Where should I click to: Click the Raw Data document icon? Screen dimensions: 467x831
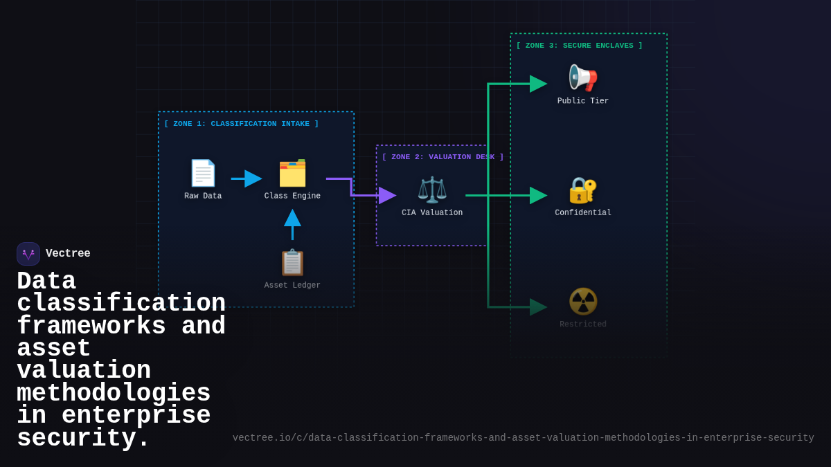point(203,173)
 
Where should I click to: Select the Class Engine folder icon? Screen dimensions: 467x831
point(292,173)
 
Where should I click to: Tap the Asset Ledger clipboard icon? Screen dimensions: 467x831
point(292,263)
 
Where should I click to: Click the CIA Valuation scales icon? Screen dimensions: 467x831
point(432,190)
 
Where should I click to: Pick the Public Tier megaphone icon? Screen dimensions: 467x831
point(582,77)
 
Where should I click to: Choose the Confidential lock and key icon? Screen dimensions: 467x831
point(582,190)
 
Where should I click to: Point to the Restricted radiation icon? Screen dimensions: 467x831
point(582,302)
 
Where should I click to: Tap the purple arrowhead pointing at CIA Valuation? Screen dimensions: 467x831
point(387,196)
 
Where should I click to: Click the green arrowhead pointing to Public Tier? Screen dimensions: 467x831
point(538,84)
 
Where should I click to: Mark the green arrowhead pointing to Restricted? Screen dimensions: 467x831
point(538,307)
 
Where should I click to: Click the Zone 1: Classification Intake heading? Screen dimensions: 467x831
point(242,124)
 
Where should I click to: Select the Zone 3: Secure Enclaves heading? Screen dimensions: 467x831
point(580,46)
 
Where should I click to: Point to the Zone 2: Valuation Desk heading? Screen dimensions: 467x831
point(443,157)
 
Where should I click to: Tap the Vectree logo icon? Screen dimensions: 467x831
point(28,254)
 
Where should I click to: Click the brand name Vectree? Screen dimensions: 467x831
point(68,254)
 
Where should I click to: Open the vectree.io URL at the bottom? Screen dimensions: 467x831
point(523,438)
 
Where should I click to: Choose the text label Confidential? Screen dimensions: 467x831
point(583,213)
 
